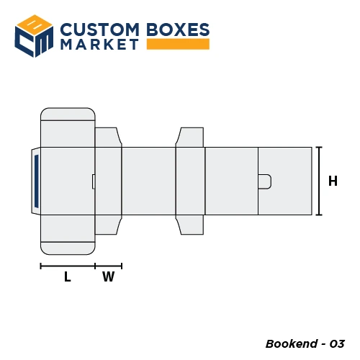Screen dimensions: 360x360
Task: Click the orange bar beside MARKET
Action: click(x=178, y=45)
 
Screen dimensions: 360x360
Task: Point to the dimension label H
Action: click(x=333, y=181)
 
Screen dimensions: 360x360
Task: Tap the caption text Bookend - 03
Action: click(x=305, y=343)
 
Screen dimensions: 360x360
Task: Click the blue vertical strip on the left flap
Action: click(x=36, y=181)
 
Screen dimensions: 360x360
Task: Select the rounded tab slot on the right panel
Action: click(x=264, y=181)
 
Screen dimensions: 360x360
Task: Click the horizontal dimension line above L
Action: click(x=68, y=266)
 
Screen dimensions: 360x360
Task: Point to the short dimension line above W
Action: click(x=108, y=266)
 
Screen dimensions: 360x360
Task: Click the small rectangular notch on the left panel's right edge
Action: click(x=93, y=181)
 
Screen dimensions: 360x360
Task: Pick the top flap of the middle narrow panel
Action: click(x=190, y=137)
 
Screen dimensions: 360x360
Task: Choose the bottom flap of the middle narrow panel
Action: click(x=190, y=225)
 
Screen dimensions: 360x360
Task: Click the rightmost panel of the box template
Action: click(x=285, y=181)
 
